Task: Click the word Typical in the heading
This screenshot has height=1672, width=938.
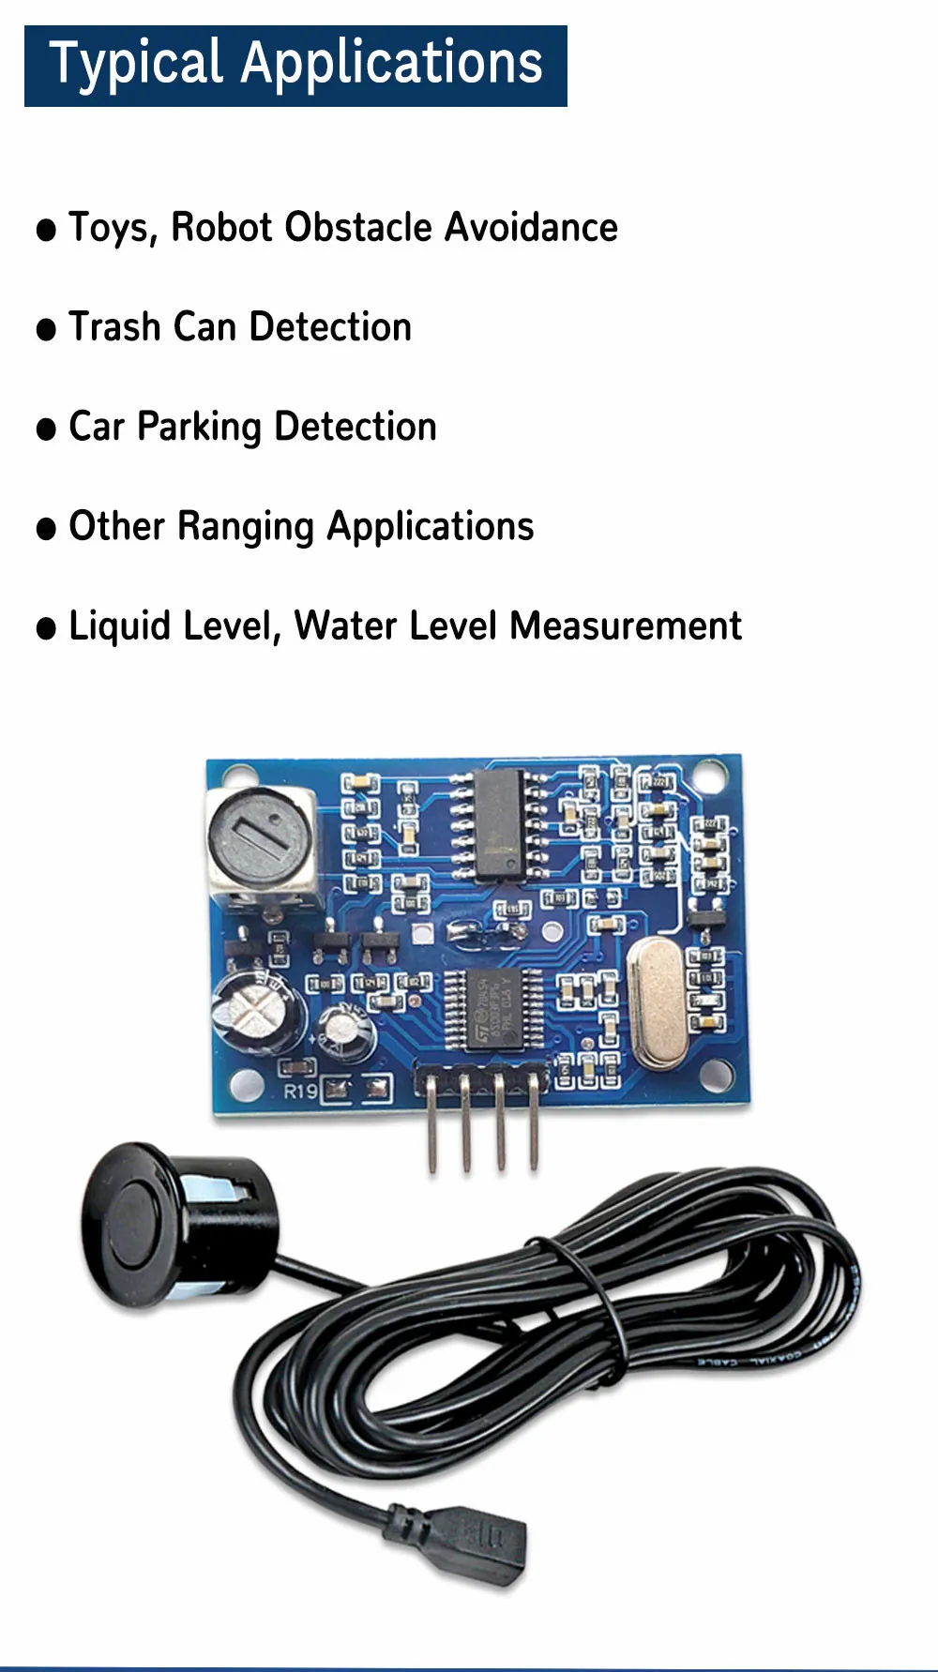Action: tap(136, 65)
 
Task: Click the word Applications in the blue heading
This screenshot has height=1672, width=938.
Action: tap(391, 65)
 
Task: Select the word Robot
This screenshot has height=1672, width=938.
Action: tap(221, 227)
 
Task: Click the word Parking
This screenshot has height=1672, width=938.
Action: tap(199, 428)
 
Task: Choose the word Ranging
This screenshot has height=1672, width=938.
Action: tap(245, 527)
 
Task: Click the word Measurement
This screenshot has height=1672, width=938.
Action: tap(626, 625)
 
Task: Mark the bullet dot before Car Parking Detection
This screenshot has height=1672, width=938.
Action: tap(46, 429)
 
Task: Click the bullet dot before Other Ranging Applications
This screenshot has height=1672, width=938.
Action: tap(46, 529)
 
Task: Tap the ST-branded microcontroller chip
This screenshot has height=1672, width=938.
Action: tap(492, 1010)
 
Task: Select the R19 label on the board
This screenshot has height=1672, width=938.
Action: tap(300, 1091)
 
